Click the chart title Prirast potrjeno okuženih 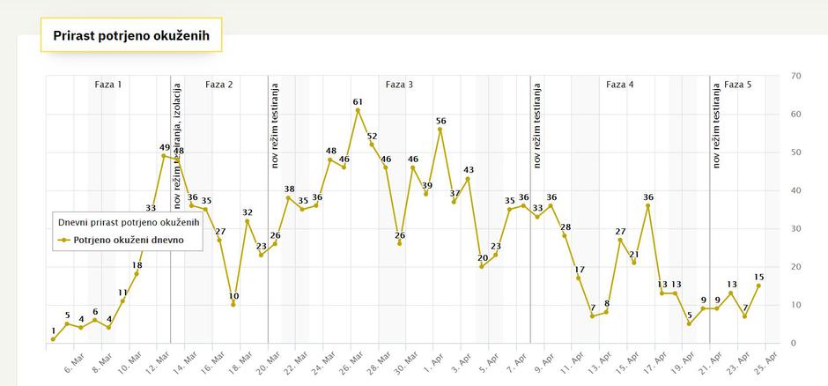[x=130, y=36]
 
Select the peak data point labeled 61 [x=358, y=110]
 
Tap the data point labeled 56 [x=440, y=130]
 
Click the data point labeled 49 [x=164, y=156]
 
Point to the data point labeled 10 [x=233, y=304]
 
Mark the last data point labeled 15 [x=758, y=286]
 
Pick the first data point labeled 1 [x=53, y=339]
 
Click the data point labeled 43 [x=468, y=179]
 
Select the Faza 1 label [x=108, y=85]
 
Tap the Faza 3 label [x=399, y=85]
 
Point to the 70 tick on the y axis [x=795, y=76]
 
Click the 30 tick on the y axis [x=795, y=228]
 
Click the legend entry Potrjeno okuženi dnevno [x=128, y=239]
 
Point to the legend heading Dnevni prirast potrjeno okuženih [x=129, y=222]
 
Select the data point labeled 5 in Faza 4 [x=690, y=323]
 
